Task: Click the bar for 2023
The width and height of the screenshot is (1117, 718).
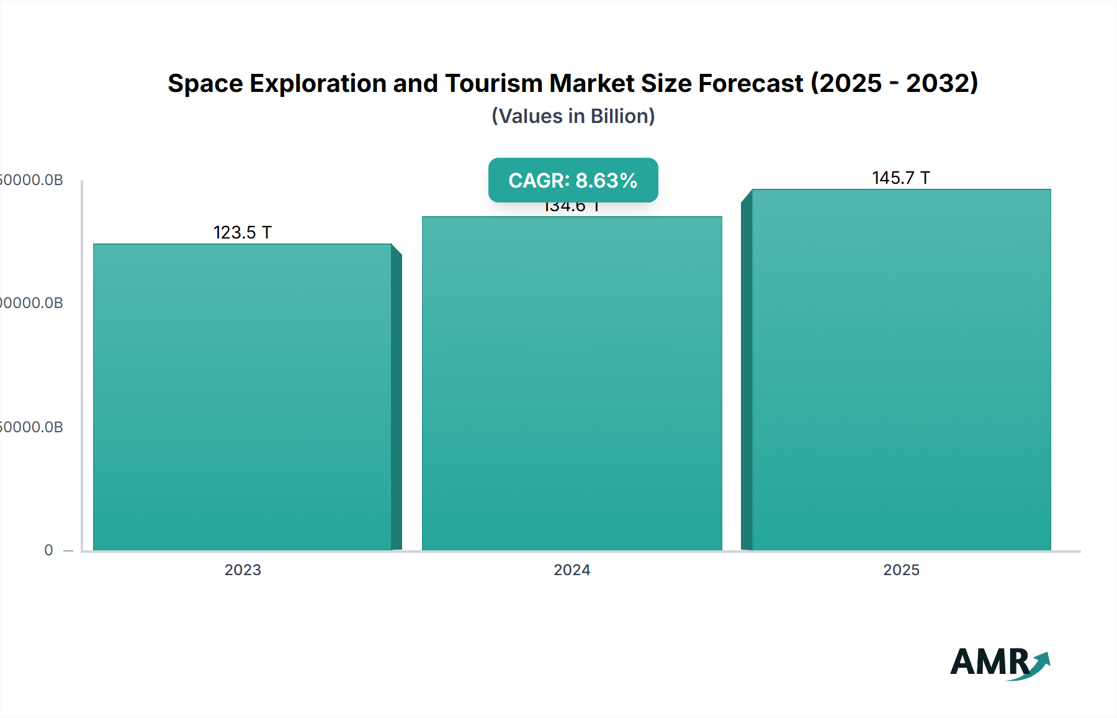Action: coord(242,398)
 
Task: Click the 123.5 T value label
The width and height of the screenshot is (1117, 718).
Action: coord(243,232)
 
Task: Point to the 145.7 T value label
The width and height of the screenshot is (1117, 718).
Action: coord(900,178)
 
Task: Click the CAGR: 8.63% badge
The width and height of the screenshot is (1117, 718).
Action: coord(573,180)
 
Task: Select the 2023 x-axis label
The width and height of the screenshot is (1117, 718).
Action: coord(243,570)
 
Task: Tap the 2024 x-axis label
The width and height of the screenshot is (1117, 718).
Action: coord(572,570)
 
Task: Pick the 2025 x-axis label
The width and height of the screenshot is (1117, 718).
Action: coord(901,570)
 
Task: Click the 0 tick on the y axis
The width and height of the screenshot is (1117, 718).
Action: coord(48,550)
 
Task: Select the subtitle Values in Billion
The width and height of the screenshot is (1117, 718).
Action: coord(573,116)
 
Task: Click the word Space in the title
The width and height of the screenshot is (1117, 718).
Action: coord(205,83)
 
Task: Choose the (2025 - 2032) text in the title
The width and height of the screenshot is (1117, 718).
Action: coord(894,83)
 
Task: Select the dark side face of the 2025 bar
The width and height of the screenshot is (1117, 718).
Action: coord(747,373)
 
